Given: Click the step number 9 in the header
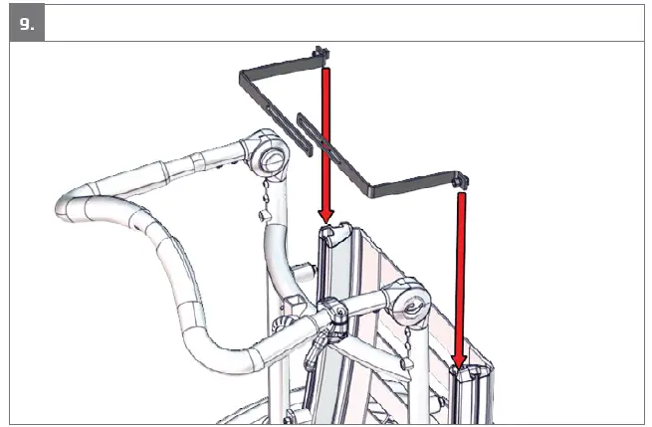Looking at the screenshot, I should (x=25, y=22).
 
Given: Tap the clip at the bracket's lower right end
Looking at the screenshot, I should (x=460, y=183).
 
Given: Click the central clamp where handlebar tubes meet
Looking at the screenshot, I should (x=335, y=317).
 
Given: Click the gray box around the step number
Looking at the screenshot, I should (x=27, y=23).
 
